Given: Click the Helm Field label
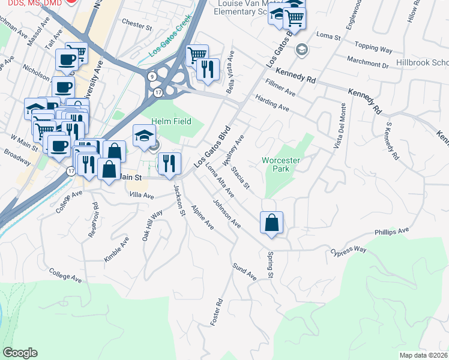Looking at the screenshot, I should [175, 122].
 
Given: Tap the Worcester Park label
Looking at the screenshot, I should [280, 164].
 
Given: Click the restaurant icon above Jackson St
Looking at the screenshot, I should [169, 163].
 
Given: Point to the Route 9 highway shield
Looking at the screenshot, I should [153, 76].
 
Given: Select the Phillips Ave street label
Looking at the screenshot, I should [391, 230].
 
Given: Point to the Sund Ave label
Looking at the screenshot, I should [244, 272].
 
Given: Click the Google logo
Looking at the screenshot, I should [20, 353].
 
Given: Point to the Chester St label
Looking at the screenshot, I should [137, 25].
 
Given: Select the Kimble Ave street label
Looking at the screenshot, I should [116, 249].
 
